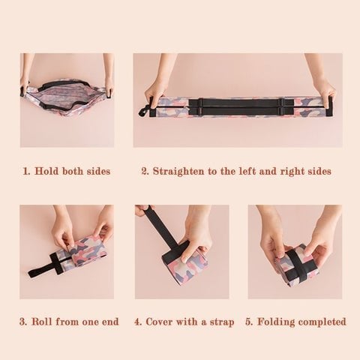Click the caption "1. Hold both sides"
[67, 171]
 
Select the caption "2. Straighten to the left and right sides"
[235, 171]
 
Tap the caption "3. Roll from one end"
[69, 322]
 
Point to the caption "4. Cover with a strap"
[184, 322]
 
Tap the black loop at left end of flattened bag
[142, 112]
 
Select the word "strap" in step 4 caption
[218, 322]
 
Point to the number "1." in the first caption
[27, 171]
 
